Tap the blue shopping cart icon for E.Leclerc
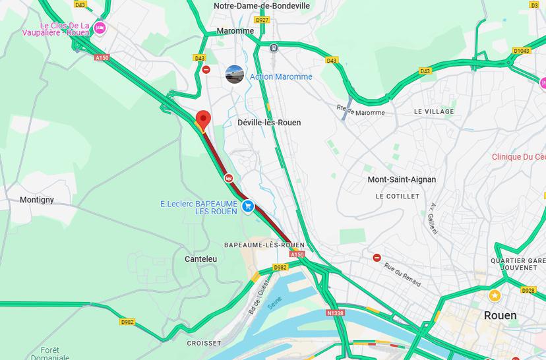pyautogui.click(x=248, y=206)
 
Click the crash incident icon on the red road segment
pyautogui.click(x=228, y=177)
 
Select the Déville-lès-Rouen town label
pyautogui.click(x=269, y=123)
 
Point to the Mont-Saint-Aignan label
pyautogui.click(x=402, y=179)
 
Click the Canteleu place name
pyautogui.click(x=200, y=259)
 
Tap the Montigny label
pyautogui.click(x=37, y=200)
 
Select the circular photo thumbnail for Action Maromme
pyautogui.click(x=234, y=75)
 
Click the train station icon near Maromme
pyautogui.click(x=273, y=47)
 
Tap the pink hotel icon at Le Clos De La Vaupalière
pyautogui.click(x=100, y=28)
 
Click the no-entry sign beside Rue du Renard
pyautogui.click(x=377, y=258)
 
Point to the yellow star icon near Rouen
pyautogui.click(x=495, y=295)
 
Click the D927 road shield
pyautogui.click(x=262, y=20)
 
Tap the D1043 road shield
pyautogui.click(x=521, y=50)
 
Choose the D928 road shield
pyautogui.click(x=528, y=290)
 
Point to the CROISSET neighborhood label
pyautogui.click(x=204, y=343)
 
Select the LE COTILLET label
pyautogui.click(x=397, y=196)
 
